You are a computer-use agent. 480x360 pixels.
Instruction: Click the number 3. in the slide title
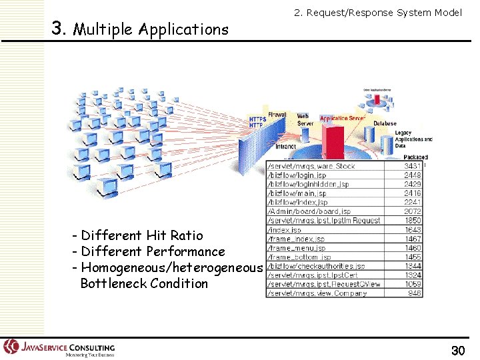click(x=59, y=29)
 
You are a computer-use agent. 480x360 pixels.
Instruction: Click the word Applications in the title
click(x=189, y=30)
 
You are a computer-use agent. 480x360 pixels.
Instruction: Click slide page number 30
click(x=457, y=350)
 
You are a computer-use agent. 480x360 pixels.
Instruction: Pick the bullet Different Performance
click(x=153, y=251)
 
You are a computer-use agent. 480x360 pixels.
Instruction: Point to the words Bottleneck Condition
click(x=144, y=283)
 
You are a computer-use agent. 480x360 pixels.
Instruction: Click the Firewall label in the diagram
click(x=277, y=115)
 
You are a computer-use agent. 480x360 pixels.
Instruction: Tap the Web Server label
click(x=304, y=120)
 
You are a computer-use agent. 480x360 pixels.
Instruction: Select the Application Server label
click(x=342, y=119)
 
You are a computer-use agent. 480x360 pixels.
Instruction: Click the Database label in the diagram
click(x=385, y=123)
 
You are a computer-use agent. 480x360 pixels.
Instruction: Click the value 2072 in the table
click(x=412, y=211)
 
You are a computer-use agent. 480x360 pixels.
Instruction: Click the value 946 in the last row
click(x=414, y=293)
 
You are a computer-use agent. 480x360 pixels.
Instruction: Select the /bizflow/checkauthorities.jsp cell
click(x=316, y=266)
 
